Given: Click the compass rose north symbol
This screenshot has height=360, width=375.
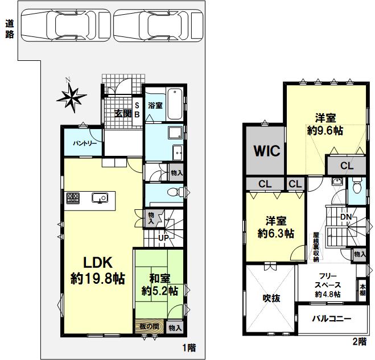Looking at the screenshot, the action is [72, 96].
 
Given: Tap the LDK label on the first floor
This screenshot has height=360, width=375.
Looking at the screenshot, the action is [98, 263].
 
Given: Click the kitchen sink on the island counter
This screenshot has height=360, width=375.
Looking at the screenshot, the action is [100, 198].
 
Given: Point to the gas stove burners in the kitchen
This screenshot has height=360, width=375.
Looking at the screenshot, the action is [73, 198].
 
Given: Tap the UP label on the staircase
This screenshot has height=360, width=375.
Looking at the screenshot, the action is [163, 238].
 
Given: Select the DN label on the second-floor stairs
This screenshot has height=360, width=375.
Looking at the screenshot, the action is [346, 217].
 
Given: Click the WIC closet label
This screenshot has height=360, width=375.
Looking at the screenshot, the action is [267, 151].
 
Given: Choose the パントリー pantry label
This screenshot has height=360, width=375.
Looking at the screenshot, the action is [85, 143].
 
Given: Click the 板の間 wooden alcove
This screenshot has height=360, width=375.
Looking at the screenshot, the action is [149, 326].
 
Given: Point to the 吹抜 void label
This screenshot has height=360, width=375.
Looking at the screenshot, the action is [271, 298].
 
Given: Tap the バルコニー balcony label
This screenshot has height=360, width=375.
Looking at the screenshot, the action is [332, 318].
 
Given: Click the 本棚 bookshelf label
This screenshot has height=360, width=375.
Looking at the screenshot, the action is [363, 289].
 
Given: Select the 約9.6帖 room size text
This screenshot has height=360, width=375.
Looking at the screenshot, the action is [325, 131].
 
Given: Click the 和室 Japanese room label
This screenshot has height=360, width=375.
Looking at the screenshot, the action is [160, 279].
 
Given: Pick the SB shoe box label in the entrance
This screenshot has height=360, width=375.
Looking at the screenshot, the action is [137, 110].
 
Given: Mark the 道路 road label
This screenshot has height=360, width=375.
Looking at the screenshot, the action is [10, 29].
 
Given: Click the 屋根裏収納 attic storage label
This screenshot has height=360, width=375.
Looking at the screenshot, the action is [316, 247].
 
